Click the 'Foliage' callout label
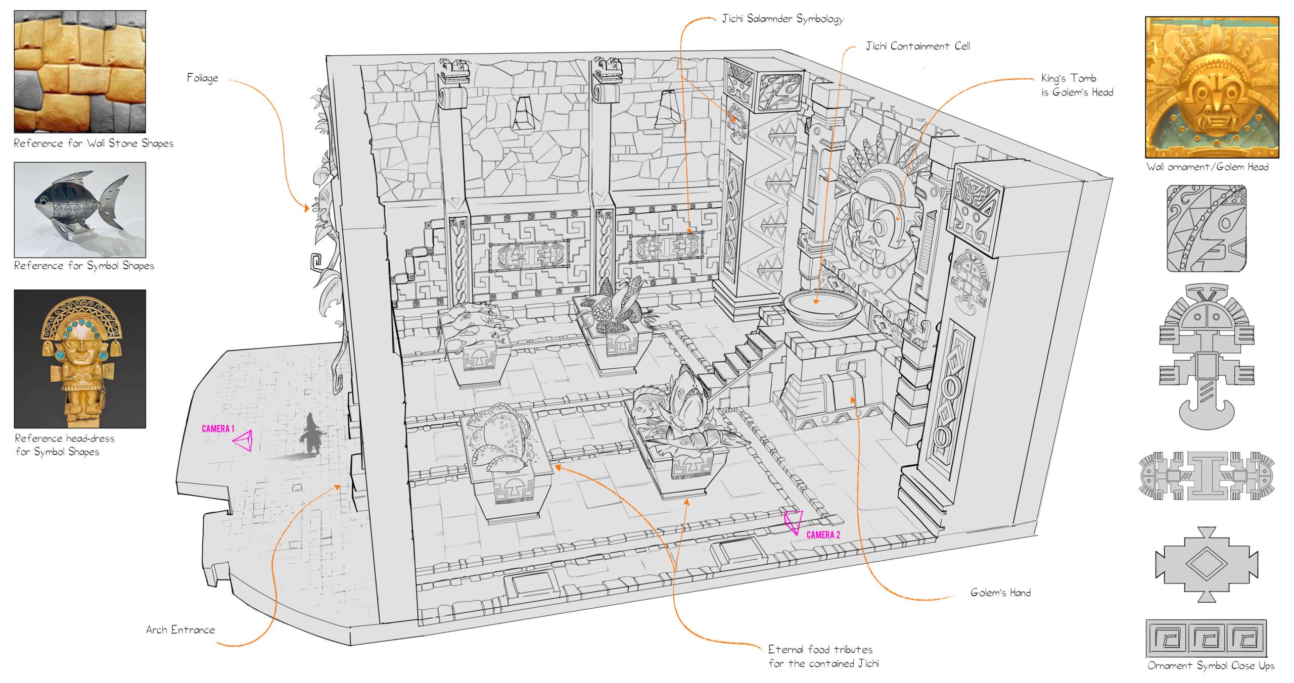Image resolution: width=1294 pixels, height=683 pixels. [x=203, y=78]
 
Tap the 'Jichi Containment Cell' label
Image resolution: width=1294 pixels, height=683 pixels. [x=917, y=46]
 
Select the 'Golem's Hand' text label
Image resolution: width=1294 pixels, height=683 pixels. [x=1000, y=593]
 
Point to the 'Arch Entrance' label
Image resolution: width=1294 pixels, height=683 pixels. [x=180, y=629]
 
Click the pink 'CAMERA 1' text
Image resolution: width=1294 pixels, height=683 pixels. [x=218, y=429]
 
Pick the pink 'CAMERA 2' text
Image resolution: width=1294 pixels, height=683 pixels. [x=823, y=535]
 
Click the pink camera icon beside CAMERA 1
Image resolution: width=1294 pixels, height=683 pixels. [x=244, y=441]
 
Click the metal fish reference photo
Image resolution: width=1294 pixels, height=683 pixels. [x=80, y=210]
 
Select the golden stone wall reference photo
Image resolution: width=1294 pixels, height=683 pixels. [x=80, y=72]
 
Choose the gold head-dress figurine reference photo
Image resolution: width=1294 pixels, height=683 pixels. [x=80, y=359]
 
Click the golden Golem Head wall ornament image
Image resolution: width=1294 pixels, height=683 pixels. [x=1212, y=87]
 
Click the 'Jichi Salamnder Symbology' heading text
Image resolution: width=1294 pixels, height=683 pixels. [x=782, y=19]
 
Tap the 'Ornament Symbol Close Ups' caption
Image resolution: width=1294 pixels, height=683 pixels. [x=1211, y=665]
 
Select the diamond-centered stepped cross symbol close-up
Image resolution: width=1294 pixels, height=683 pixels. [x=1206, y=564]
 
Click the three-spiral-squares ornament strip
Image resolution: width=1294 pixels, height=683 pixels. [x=1206, y=639]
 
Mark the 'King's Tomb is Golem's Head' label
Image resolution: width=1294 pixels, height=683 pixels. [x=1077, y=85]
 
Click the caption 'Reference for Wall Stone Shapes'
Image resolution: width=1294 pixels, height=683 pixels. [x=94, y=143]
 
